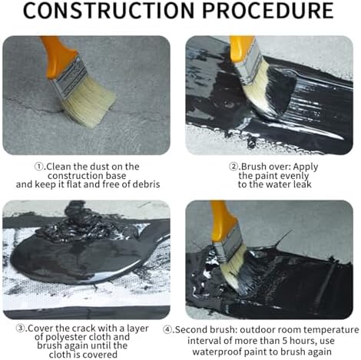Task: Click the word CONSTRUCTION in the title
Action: tap(109, 10)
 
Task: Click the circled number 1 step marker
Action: tap(39, 167)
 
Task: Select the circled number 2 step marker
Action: tap(233, 167)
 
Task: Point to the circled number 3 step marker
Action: tap(21, 329)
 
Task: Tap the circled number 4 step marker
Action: tap(167, 330)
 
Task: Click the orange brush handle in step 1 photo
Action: tap(58, 57)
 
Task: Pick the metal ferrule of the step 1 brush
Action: tap(70, 78)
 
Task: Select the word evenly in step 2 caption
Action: tap(294, 176)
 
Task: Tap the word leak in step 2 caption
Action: tap(302, 184)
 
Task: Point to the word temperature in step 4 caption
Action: tap(331, 330)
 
